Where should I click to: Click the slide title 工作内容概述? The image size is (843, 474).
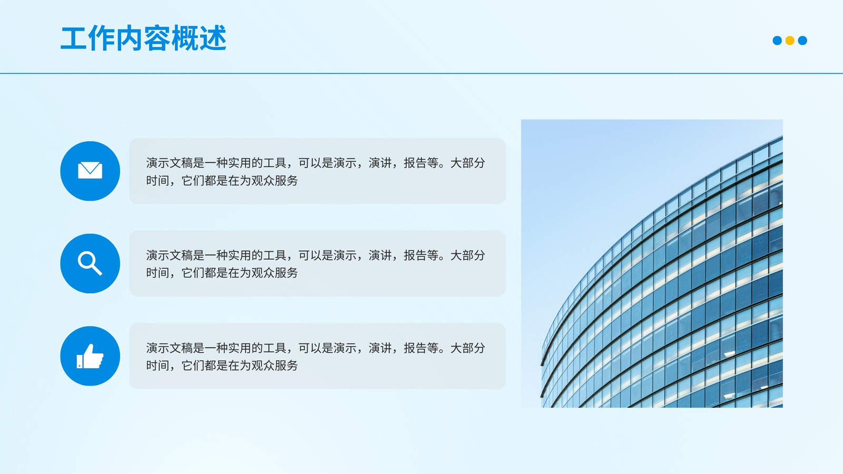[143, 38]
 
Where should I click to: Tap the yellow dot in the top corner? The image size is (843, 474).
[790, 40]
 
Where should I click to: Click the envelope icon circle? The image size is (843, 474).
[90, 171]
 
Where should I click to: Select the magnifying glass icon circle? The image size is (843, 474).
[90, 263]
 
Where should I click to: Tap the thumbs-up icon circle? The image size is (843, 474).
[90, 356]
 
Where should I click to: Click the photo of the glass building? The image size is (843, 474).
[652, 263]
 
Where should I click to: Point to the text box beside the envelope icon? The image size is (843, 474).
[317, 171]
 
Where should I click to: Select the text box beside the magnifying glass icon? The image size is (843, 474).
[317, 263]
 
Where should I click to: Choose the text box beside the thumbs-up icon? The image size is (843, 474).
[317, 356]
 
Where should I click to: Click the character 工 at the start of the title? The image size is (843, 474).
[74, 38]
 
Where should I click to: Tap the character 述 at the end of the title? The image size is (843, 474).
[213, 38]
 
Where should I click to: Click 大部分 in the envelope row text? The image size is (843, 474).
[467, 163]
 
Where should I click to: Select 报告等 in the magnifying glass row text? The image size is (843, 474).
[421, 255]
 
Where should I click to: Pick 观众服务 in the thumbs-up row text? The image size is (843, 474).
[275, 366]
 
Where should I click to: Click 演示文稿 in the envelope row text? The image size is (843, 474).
[169, 163]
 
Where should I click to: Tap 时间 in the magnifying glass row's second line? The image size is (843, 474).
[158, 273]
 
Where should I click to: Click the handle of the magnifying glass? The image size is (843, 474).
[96, 269]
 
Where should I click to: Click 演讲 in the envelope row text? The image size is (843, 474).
[380, 163]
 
